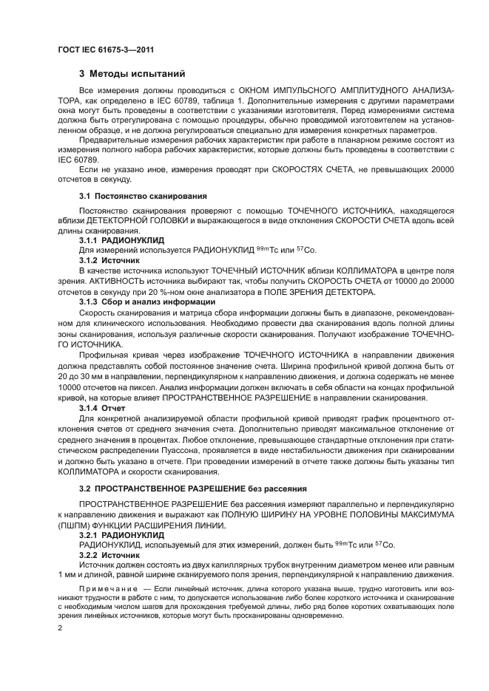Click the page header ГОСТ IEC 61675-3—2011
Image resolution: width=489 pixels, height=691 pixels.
click(x=104, y=50)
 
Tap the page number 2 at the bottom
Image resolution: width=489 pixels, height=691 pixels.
click(x=61, y=627)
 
